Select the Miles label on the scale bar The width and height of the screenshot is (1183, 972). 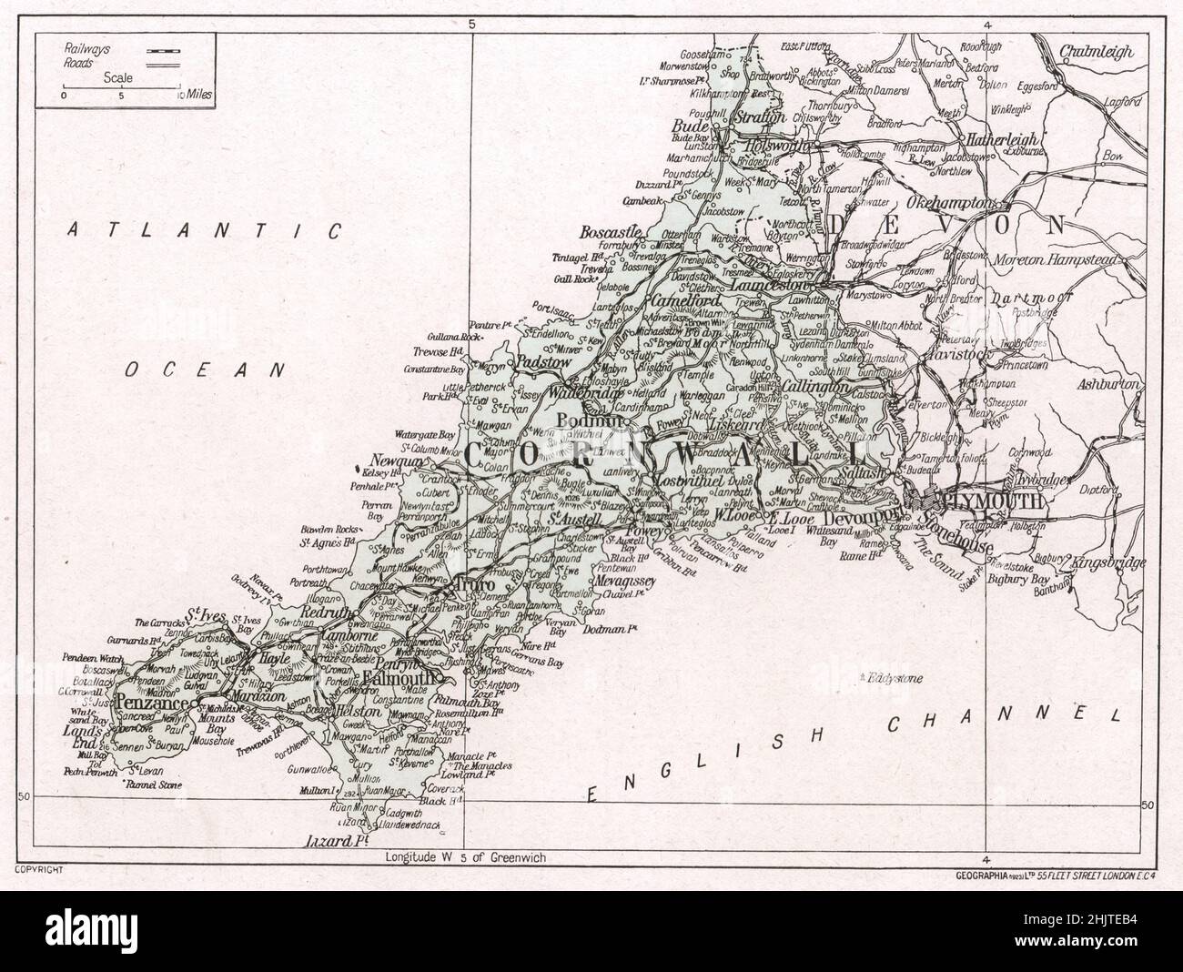point(199,94)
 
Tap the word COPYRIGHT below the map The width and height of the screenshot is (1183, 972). point(37,871)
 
